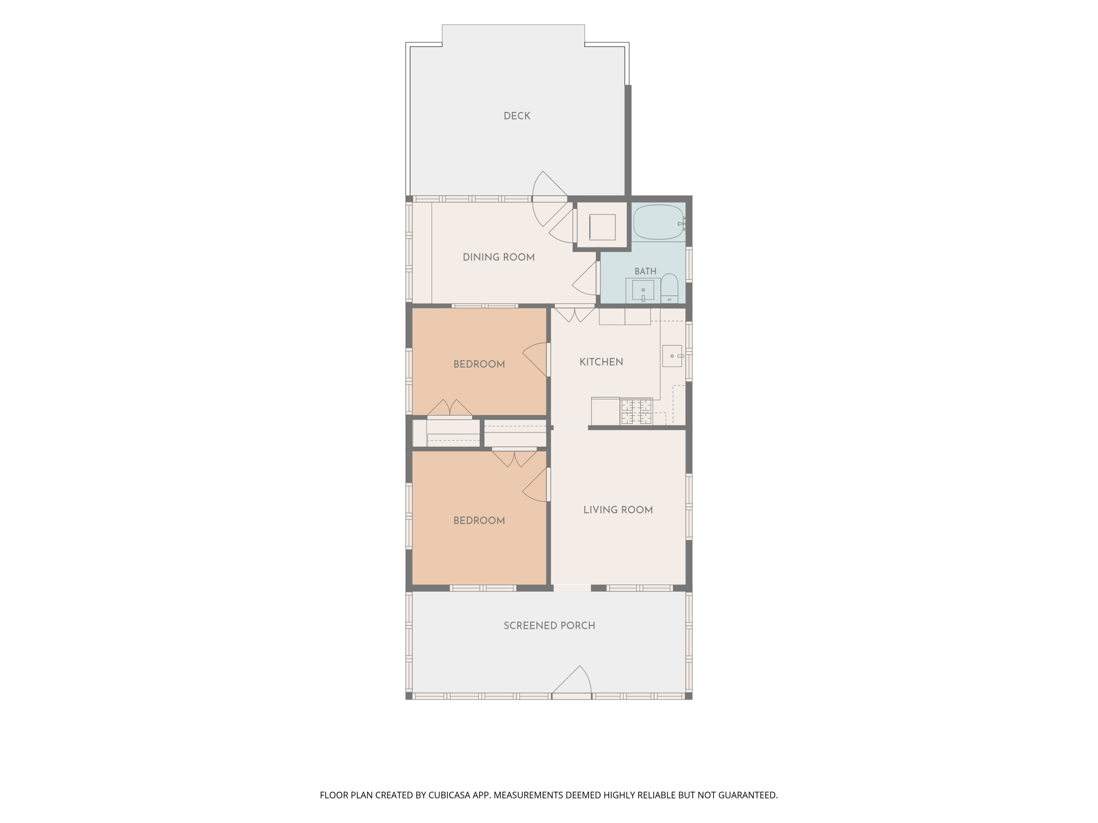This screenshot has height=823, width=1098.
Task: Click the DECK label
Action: tap(517, 116)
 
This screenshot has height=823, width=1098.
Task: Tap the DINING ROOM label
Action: tap(498, 257)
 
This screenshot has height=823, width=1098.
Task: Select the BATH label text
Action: tap(645, 271)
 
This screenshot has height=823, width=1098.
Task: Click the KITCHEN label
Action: tap(601, 362)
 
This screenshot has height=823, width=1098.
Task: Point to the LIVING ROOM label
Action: tap(618, 510)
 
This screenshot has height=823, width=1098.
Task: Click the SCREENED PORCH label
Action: tap(549, 625)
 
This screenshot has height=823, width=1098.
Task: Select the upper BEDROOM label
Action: tap(479, 364)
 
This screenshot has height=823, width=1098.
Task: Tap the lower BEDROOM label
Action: tap(479, 521)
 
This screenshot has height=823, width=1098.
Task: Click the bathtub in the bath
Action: tap(659, 222)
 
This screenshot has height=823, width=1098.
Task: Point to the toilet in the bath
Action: tap(669, 288)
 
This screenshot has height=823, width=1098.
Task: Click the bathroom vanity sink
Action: tap(643, 290)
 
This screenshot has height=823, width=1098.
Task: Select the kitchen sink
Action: tap(672, 356)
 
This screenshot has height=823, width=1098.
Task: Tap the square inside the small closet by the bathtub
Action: tap(602, 227)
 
